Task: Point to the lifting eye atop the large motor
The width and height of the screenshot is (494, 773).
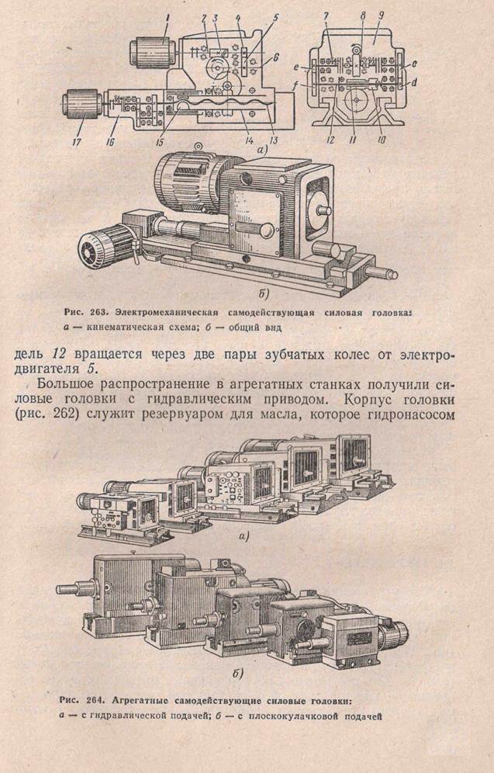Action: (198, 147)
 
